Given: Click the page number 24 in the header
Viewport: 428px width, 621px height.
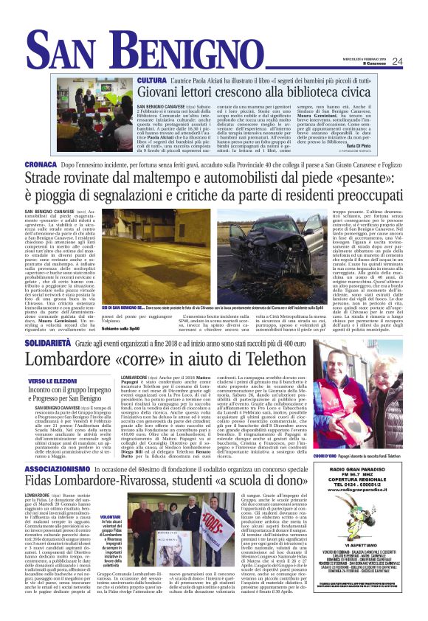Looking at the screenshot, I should pos(417,61).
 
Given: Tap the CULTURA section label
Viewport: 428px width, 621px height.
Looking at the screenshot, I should pos(152,79).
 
